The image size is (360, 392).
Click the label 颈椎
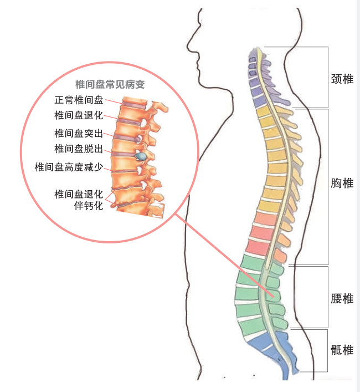pyautogui.click(x=341, y=79)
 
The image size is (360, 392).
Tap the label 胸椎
pyautogui.click(x=341, y=183)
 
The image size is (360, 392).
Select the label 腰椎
pyautogui.click(x=341, y=299)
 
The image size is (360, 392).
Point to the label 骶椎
pyautogui.click(x=341, y=350)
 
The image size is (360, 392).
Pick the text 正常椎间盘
pyautogui.click(x=79, y=100)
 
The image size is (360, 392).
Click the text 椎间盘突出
pyautogui.click(x=79, y=133)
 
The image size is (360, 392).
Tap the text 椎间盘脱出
pyautogui.click(x=79, y=149)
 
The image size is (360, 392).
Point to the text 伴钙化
pyautogui.click(x=89, y=206)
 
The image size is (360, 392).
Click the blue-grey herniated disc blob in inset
pyautogui.click(x=142, y=157)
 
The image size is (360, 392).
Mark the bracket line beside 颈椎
pyautogui.click(x=328, y=78)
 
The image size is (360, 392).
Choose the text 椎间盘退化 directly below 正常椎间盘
pyautogui.click(x=79, y=116)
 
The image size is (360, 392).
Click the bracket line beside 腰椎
pyautogui.click(x=328, y=297)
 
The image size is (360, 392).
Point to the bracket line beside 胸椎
pyautogui.click(x=328, y=186)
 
